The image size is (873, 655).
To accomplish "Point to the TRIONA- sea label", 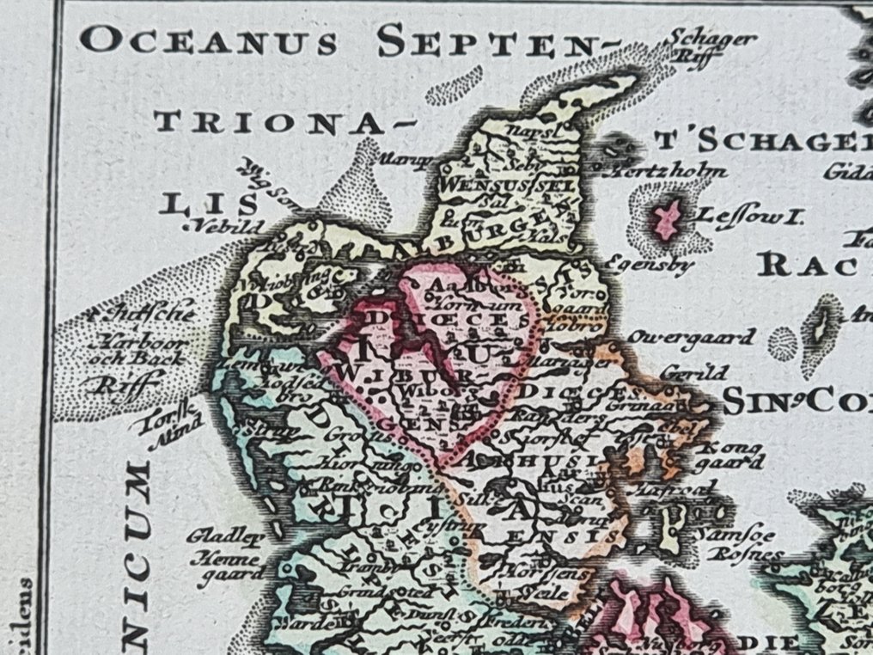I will [269, 122].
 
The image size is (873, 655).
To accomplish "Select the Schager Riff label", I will [712, 46].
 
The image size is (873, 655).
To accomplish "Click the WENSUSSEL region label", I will [483, 185].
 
